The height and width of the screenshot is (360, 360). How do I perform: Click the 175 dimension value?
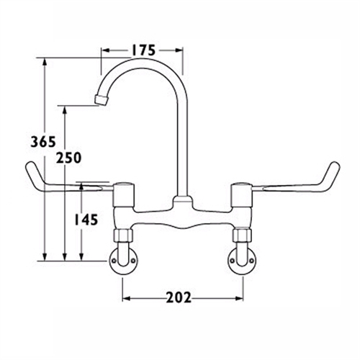pyautogui.click(x=143, y=50)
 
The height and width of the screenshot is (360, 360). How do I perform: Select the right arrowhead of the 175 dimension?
pyautogui.click(x=181, y=51)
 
